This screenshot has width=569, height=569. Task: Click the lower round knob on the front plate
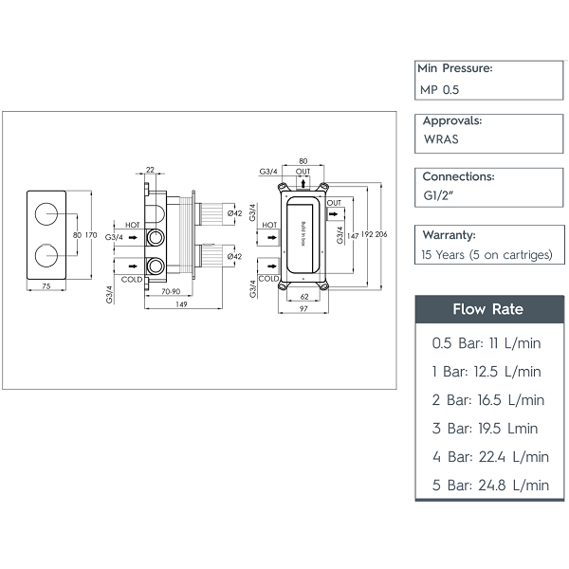pos(46,255)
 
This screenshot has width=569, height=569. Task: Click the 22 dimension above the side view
pos(150,171)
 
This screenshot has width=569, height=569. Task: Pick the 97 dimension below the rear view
pos(303,310)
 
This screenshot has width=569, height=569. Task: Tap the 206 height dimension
pos(382,234)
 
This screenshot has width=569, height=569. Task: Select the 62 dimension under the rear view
pos(303,295)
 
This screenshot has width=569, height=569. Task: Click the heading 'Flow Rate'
pos(487,309)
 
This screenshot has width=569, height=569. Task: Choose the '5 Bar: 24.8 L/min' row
pos(489,485)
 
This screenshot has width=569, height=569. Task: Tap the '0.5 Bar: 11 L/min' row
pos(485,343)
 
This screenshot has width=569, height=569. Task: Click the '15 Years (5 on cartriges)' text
pos(486,254)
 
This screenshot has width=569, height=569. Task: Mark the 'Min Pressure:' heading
pos(454,68)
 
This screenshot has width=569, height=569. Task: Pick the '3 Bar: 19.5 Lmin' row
pos(485,428)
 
